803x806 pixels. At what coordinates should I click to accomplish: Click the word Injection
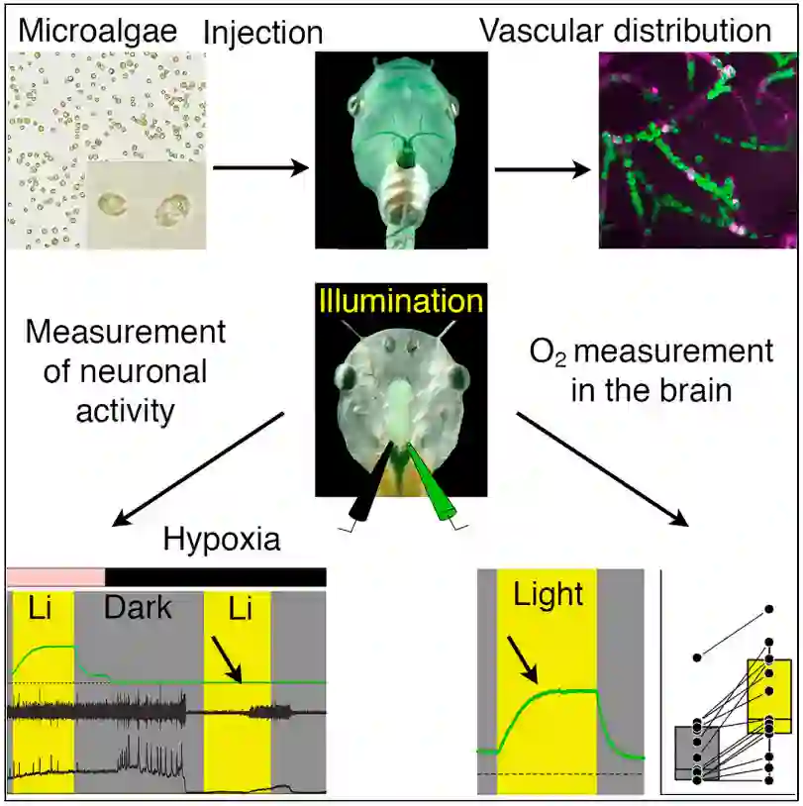pos(262,32)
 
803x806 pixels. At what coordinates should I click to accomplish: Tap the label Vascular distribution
pos(625,30)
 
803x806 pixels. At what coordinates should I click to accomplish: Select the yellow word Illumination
pos(400,299)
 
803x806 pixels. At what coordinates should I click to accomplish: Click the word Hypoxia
pos(222,540)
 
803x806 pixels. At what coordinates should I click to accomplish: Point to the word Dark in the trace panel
pos(139,606)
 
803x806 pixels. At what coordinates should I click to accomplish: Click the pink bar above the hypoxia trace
pos(55,575)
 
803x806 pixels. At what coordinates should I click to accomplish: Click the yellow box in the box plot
pos(770,695)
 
